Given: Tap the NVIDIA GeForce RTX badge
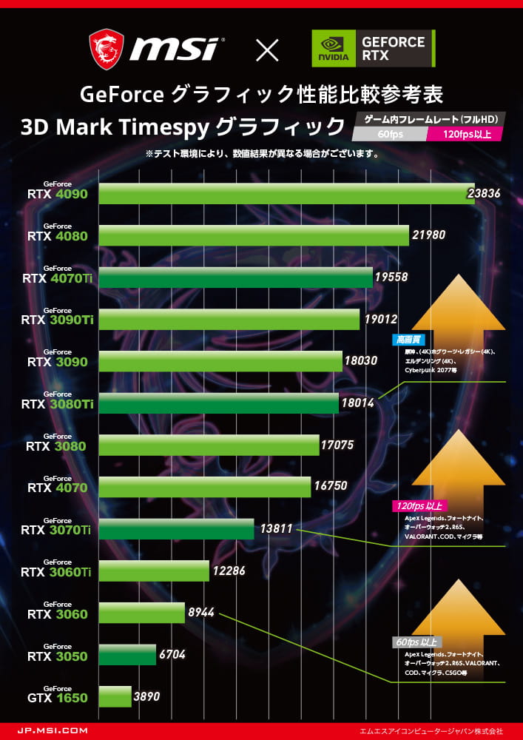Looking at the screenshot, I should click(374, 49).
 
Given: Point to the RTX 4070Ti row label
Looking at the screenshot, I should click(57, 277).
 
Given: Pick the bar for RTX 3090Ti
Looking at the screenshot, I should click(229, 319).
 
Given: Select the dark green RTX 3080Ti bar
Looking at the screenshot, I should click(219, 403).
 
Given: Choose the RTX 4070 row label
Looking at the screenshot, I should click(57, 487).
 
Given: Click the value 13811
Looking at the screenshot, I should click(277, 529).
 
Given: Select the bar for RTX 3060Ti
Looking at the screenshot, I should click(154, 571).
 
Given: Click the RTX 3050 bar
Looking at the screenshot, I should click(127, 655).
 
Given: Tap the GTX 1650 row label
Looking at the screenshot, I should click(57, 697).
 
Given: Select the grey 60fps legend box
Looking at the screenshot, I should click(390, 134).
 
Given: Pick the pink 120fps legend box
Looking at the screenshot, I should click(465, 134).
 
